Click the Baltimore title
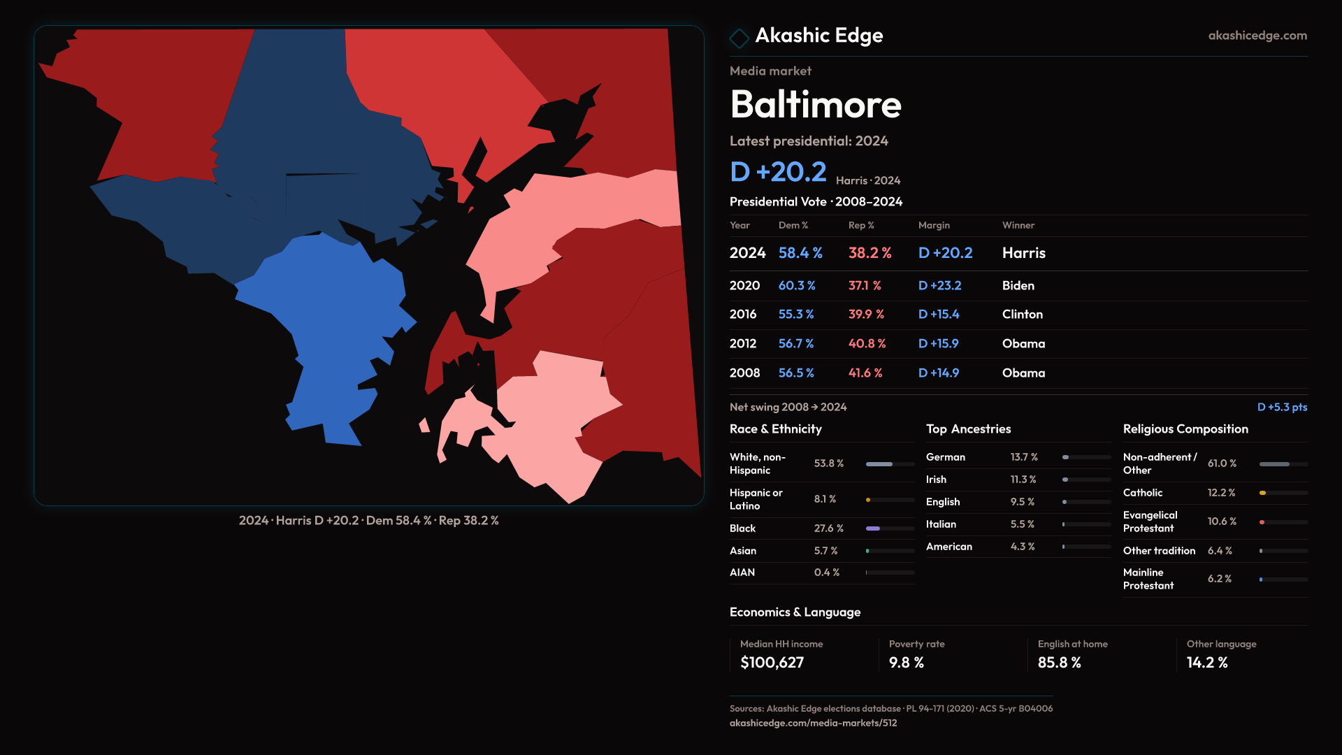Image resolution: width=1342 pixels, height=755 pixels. click(x=816, y=105)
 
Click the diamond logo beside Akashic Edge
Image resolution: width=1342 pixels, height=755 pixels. click(x=739, y=37)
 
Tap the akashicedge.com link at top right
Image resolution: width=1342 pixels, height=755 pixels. click(x=1257, y=36)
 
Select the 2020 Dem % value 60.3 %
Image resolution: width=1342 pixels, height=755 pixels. click(x=797, y=286)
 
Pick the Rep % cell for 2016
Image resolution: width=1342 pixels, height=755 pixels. click(x=866, y=315)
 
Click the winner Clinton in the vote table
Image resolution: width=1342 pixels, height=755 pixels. click(x=1022, y=315)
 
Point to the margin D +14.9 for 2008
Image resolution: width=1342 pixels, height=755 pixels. click(x=938, y=373)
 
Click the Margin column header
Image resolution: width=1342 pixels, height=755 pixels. click(x=934, y=225)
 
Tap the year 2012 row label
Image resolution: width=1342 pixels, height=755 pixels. click(x=742, y=344)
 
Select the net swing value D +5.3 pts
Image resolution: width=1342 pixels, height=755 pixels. click(x=1282, y=407)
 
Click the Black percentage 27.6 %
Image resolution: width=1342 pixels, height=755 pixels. click(x=828, y=528)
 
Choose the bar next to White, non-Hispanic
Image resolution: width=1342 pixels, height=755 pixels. click(x=879, y=464)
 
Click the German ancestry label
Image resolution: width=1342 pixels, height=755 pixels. click(x=945, y=457)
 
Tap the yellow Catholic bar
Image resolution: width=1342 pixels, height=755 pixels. click(x=1263, y=493)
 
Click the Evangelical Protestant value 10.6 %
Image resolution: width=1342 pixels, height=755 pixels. click(x=1222, y=522)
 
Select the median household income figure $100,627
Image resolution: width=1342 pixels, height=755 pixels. click(x=772, y=663)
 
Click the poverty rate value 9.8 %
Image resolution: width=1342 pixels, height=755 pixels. click(x=906, y=663)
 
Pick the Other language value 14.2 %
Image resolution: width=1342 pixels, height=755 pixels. click(x=1206, y=663)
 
